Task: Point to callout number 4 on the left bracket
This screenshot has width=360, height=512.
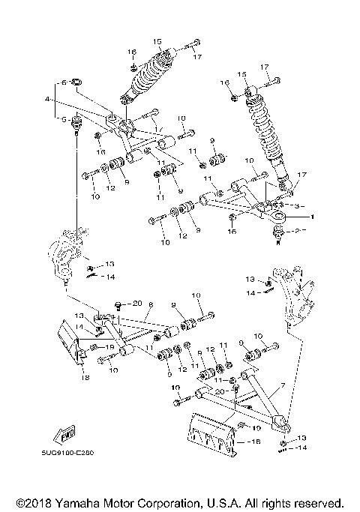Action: (x=47, y=99)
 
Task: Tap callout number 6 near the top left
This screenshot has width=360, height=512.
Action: (x=65, y=81)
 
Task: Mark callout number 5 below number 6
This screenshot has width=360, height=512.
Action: (x=65, y=118)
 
